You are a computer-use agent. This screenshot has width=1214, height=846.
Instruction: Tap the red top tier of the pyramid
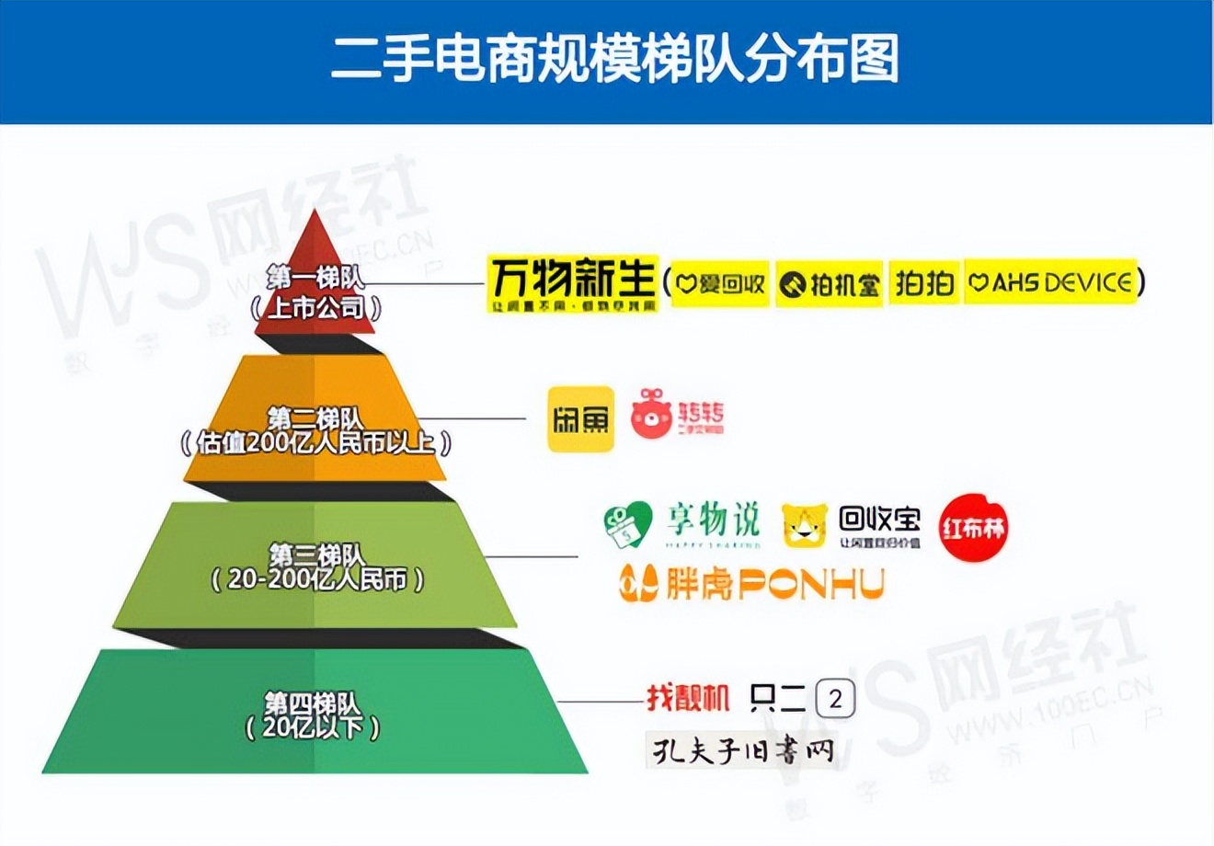coord(315,285)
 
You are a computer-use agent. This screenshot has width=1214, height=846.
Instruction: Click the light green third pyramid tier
coord(315,566)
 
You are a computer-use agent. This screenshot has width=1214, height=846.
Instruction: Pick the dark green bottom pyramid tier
coord(315,713)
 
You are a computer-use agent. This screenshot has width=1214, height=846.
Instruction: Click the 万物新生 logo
coord(572,283)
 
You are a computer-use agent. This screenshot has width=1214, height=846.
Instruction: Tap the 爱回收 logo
coord(720,283)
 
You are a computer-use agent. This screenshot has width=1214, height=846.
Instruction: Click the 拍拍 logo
coord(924,283)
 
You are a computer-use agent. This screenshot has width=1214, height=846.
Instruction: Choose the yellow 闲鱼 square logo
coord(580,419)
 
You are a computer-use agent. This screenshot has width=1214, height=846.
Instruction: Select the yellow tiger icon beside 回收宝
coord(805,527)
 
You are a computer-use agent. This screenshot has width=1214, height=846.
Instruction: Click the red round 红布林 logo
coord(973,528)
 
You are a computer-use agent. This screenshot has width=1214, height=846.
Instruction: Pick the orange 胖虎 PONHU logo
coord(750,583)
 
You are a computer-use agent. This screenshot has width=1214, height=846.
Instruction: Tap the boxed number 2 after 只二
coord(835,700)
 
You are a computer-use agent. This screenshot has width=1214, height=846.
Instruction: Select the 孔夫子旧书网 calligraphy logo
coord(741,749)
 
